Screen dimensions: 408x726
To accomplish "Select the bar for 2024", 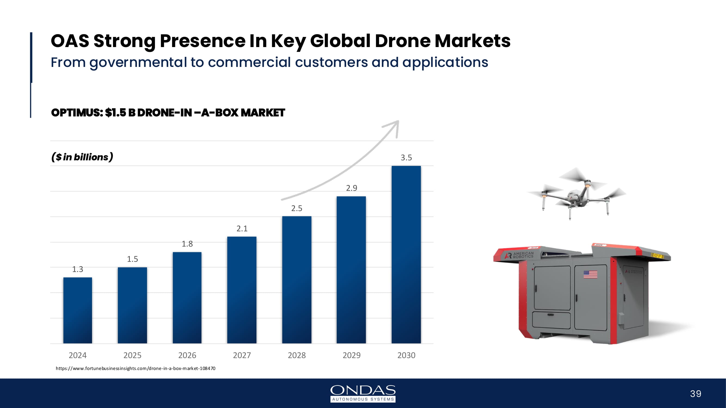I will tap(78, 310).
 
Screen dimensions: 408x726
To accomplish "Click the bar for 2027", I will tap(242, 290).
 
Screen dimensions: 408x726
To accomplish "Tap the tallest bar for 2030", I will tap(406, 255).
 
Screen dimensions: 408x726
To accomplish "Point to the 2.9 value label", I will tap(351, 188).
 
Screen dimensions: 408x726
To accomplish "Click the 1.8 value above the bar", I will tap(187, 243).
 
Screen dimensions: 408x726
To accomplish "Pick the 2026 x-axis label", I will tap(187, 355).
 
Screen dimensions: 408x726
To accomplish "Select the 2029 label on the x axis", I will tap(351, 355).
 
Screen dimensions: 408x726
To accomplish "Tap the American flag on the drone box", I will tap(590, 274).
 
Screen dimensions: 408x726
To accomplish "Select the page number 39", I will tap(696, 394).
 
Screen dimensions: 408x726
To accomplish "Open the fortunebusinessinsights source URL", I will tap(136, 368).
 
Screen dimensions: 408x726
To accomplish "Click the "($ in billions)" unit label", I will tap(82, 157).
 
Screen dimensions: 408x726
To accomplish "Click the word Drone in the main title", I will tap(402, 41).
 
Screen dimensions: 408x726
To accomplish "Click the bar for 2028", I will tap(297, 280).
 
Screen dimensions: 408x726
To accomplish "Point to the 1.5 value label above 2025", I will tap(133, 259).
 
